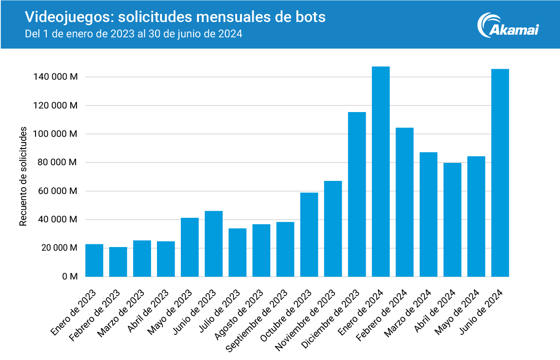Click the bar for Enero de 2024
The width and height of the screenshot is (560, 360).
coord(381,171)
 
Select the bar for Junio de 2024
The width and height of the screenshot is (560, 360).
coord(500,173)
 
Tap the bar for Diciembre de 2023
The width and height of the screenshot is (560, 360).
coord(357,194)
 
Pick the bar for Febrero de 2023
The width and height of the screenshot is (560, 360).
coord(118,262)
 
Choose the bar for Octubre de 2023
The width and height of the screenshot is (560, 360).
coord(309,234)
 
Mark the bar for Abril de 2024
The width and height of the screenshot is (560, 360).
coord(452,220)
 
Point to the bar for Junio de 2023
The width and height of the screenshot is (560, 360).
coord(214,243)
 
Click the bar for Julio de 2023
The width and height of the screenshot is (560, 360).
coord(237,252)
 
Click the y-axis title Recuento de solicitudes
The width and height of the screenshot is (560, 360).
coord(23,176)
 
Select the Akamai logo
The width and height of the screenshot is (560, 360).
coord(508,25)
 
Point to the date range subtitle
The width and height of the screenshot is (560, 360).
coord(134,34)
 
